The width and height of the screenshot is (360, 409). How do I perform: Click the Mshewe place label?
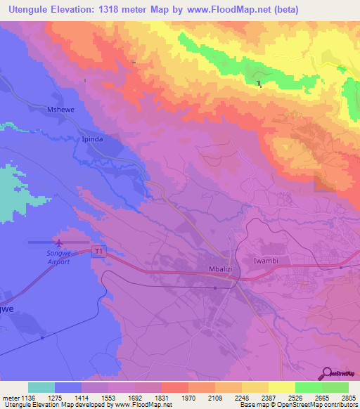[x=60, y=110]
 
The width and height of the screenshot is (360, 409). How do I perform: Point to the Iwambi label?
[x=266, y=261]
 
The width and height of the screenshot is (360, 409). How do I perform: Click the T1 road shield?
[x=99, y=250]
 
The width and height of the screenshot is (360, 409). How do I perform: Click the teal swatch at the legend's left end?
[x=41, y=387]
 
